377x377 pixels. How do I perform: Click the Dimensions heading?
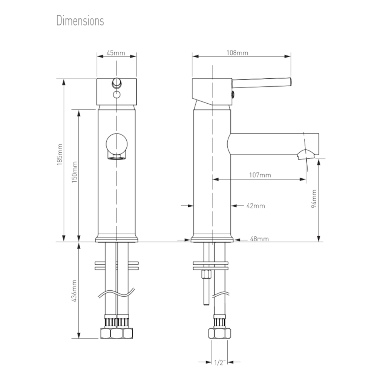(x=80, y=20)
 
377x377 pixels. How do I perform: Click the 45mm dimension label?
(x=115, y=53)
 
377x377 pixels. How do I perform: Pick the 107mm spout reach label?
(x=260, y=175)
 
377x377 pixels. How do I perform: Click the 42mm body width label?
(x=255, y=206)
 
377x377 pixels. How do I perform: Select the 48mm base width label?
(x=255, y=239)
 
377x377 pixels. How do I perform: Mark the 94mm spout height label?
(x=315, y=199)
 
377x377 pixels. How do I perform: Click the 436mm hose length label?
(x=75, y=290)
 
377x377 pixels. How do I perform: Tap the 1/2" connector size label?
(x=219, y=363)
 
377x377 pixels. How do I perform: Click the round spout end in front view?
(x=117, y=144)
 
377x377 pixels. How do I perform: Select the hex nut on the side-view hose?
(x=219, y=334)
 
